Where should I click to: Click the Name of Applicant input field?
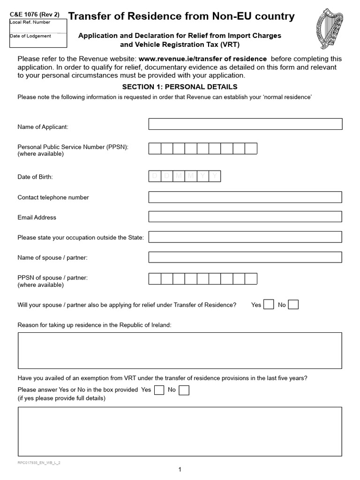(245, 124)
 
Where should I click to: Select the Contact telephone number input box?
(245, 197)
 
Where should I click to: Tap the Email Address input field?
(245, 217)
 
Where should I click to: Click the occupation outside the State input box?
(245, 237)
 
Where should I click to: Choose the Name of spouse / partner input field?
(245, 257)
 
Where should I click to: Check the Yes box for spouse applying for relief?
(269, 305)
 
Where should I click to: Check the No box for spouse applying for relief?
(293, 305)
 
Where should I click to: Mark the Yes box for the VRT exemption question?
(159, 390)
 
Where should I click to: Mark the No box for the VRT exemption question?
(184, 390)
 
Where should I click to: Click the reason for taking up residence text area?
(180, 351)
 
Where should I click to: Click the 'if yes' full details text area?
(180, 431)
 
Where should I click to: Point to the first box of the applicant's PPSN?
(155, 149)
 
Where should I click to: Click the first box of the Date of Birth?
(155, 176)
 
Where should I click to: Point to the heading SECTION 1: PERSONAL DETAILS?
(180, 87)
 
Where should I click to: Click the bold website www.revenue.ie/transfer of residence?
(202, 59)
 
